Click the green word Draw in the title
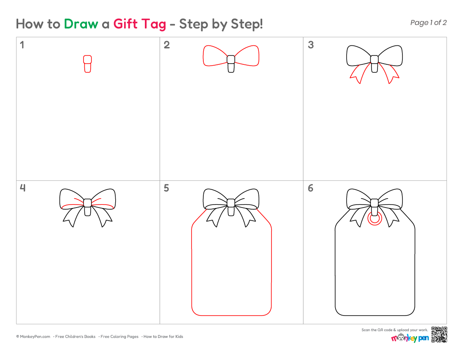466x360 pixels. pyautogui.click(x=81, y=24)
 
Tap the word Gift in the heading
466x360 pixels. pyautogui.click(x=125, y=24)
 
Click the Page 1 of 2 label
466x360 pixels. pyautogui.click(x=428, y=22)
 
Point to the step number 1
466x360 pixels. pyautogui.click(x=22, y=45)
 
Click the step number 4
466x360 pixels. pyautogui.click(x=22, y=188)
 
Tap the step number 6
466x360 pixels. pyautogui.click(x=311, y=188)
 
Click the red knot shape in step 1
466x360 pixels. pyautogui.click(x=87, y=64)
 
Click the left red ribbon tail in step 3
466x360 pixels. pyautogui.click(x=361, y=74)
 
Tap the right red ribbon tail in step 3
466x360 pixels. pyautogui.click(x=389, y=74)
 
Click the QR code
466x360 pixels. pyautogui.click(x=439, y=335)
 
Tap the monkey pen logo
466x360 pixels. pyautogui.click(x=410, y=338)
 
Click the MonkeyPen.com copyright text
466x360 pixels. pyautogui.click(x=33, y=337)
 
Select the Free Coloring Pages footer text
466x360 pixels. pyautogui.click(x=119, y=337)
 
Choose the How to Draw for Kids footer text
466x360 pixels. pyautogui.click(x=163, y=337)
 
